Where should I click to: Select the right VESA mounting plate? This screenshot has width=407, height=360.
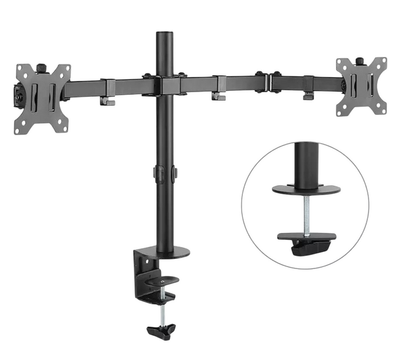(x=360, y=87)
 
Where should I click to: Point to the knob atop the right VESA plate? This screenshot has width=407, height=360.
(x=360, y=61)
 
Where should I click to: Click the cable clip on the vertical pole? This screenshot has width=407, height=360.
(x=165, y=174)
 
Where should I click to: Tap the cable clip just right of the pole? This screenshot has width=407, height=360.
(x=218, y=89)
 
